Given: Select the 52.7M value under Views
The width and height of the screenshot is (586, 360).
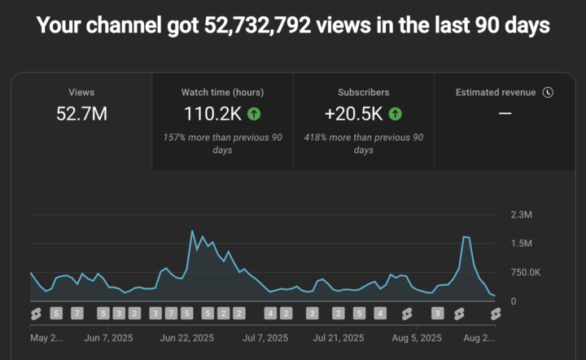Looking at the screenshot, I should point(81,114).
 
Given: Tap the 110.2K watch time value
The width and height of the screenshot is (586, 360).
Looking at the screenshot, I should point(210,114).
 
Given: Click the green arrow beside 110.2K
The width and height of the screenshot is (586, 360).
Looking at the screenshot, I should point(255,114).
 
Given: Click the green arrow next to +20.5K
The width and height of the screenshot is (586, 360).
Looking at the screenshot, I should point(396,114).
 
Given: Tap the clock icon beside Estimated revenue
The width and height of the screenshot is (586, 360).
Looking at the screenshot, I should point(548,92).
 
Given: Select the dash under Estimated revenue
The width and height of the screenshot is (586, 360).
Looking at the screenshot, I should point(505,113).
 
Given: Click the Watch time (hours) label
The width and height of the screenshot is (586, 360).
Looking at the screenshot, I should point(222,93).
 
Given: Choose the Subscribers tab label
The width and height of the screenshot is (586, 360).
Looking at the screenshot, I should point(364,93).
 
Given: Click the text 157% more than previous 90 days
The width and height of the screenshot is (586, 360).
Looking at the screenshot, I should point(222,144).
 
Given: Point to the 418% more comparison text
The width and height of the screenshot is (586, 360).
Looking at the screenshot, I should point(364,144).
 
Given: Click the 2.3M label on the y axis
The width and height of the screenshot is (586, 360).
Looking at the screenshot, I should point(522,215).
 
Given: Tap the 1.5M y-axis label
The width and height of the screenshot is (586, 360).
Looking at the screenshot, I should point(522,244).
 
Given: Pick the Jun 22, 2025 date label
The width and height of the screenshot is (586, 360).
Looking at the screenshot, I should point(187,337).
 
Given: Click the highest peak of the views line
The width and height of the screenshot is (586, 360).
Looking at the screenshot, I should point(192,231).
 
